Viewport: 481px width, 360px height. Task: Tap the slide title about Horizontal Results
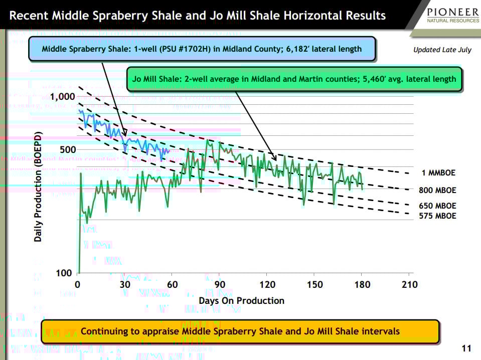(198, 15)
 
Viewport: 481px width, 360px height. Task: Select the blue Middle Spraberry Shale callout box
(202, 49)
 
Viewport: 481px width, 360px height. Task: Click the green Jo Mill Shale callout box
(294, 79)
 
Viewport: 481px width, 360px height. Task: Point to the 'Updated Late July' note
(442, 50)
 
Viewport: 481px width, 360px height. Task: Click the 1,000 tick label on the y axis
(62, 96)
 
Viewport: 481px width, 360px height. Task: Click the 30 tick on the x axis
(125, 285)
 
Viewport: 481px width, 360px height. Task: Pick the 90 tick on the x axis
(220, 285)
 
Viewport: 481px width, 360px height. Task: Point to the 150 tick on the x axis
(314, 285)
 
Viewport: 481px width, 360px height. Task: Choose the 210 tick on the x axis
(409, 285)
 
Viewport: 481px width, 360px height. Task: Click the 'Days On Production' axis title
(241, 300)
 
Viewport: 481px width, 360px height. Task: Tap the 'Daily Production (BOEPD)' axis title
(38, 187)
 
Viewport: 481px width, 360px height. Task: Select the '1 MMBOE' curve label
(438, 173)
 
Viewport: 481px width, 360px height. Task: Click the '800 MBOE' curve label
(437, 190)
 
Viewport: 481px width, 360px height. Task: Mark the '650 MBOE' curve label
(437, 206)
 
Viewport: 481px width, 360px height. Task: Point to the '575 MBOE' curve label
(437, 216)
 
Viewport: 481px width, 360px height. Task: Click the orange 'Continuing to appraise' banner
(240, 331)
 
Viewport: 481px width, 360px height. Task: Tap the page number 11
(466, 348)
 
